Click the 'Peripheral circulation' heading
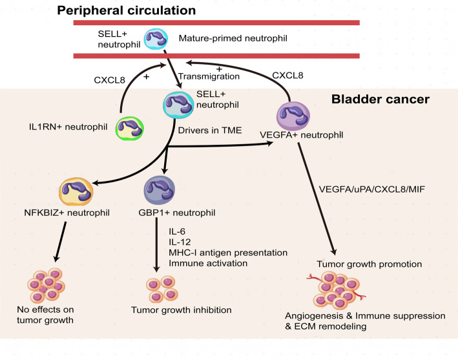click(x=126, y=11)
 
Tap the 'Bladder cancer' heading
click(x=380, y=100)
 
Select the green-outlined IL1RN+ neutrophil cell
click(x=130, y=128)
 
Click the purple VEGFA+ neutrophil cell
click(x=293, y=116)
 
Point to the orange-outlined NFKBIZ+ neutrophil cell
click(x=76, y=191)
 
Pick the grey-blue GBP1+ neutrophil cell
click(x=160, y=190)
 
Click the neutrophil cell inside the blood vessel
click(x=156, y=39)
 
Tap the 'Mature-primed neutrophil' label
click(x=233, y=38)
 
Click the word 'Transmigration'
click(x=209, y=76)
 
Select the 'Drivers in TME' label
click(x=210, y=131)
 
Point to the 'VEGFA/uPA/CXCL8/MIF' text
click(x=372, y=189)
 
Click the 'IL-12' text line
click(x=180, y=242)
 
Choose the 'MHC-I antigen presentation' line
click(x=228, y=253)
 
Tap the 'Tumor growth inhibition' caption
click(x=182, y=310)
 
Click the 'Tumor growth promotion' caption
click(x=370, y=264)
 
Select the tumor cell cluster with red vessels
click(x=336, y=290)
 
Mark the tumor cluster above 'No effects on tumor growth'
click(x=46, y=285)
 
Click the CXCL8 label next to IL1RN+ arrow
click(x=110, y=80)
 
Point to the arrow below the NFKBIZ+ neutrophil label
click(x=61, y=242)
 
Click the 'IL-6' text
click(x=177, y=231)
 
